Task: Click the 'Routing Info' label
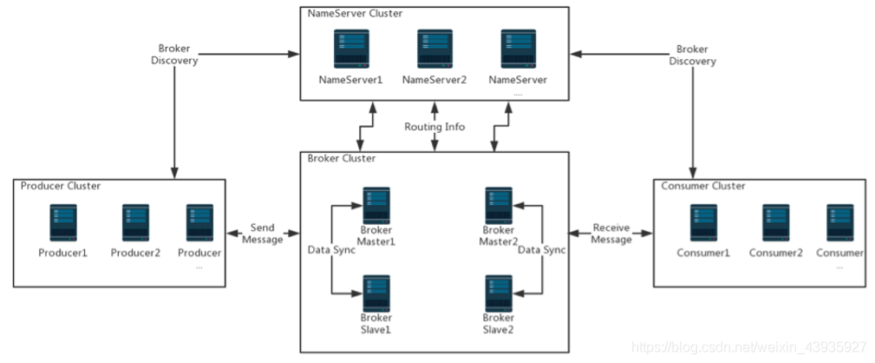[434, 127]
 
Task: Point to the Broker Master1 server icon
[375, 205]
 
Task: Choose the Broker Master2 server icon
[498, 205]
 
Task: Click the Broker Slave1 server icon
[375, 293]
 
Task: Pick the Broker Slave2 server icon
[498, 293]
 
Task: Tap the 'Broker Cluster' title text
[342, 159]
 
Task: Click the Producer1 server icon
[63, 223]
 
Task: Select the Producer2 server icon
[135, 223]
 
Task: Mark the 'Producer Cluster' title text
[61, 186]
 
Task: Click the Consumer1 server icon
[703, 223]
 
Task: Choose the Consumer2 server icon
[775, 223]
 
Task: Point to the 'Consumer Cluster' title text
[703, 186]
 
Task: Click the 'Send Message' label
[263, 234]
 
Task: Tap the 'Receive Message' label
[611, 234]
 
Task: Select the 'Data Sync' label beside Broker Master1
[330, 250]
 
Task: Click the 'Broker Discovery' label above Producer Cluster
[174, 54]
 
